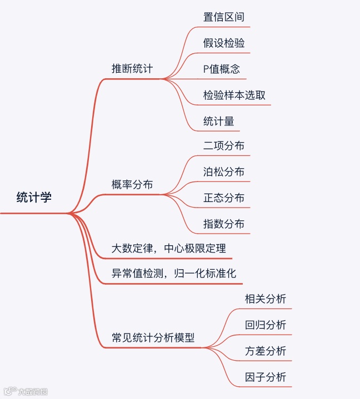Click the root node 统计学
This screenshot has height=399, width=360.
click(x=34, y=197)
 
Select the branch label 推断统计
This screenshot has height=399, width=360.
click(x=132, y=69)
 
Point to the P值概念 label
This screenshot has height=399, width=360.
click(x=222, y=69)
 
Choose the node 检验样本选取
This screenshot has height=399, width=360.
click(x=234, y=95)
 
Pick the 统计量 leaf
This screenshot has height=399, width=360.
click(x=218, y=121)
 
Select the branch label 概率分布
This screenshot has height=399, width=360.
click(x=132, y=184)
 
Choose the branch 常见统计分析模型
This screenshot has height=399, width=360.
click(x=153, y=338)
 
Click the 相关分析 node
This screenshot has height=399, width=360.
click(x=266, y=299)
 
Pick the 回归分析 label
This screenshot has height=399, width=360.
click(x=266, y=325)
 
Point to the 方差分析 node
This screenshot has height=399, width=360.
click(x=266, y=351)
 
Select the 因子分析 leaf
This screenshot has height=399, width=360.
click(x=266, y=377)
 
